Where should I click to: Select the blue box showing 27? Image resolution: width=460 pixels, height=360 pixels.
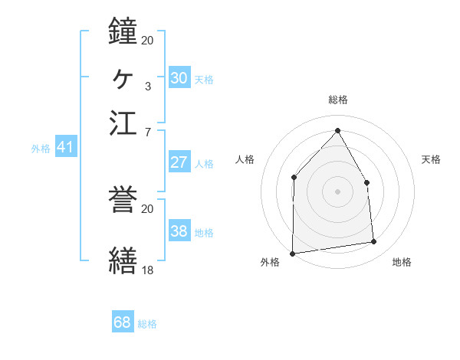(x=179, y=162)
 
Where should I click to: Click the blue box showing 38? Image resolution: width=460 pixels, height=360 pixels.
(x=179, y=232)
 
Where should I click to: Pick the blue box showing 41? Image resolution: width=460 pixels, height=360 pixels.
(x=64, y=148)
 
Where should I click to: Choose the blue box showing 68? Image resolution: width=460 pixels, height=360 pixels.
(x=122, y=322)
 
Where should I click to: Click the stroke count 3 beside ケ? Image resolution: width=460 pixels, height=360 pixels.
(x=147, y=86)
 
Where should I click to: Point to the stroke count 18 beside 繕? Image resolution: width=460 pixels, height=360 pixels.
(x=147, y=270)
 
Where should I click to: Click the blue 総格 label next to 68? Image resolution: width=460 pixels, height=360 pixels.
(x=147, y=324)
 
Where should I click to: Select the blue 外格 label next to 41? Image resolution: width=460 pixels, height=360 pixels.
(x=41, y=149)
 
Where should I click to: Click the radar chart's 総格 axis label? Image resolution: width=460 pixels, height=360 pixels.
(x=337, y=100)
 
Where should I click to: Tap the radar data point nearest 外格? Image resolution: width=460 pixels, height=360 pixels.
(x=292, y=254)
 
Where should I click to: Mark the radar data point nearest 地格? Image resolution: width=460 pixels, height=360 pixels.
(x=374, y=242)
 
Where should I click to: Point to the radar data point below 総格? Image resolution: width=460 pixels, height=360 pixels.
(x=337, y=131)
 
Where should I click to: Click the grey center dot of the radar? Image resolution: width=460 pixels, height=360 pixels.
(x=337, y=191)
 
